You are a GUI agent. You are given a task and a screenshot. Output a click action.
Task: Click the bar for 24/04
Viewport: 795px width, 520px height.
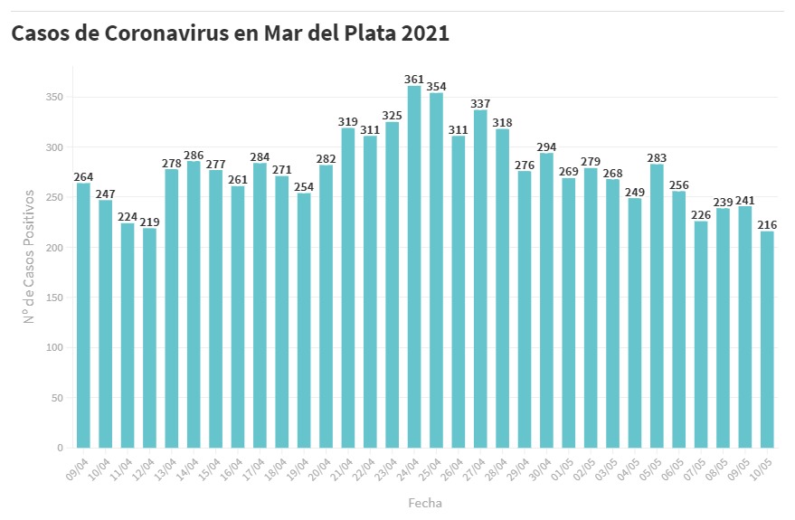coord(414,267)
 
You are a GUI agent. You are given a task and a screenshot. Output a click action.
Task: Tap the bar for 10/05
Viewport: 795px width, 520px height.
coord(767,339)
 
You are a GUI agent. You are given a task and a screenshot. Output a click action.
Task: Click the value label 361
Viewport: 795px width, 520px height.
coord(414,80)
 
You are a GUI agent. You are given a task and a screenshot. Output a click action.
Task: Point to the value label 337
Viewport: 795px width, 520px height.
coord(480,103)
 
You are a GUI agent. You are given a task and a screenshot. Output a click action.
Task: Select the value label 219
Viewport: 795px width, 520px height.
coord(149,222)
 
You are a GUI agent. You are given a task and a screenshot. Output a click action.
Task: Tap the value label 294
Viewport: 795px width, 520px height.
coord(546,147)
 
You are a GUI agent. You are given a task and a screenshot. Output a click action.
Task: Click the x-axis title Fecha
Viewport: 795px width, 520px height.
coord(425,502)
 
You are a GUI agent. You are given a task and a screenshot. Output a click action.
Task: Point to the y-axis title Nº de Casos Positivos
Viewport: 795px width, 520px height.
coord(29,256)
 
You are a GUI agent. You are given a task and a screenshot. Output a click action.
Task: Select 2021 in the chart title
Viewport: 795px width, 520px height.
coord(422,33)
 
